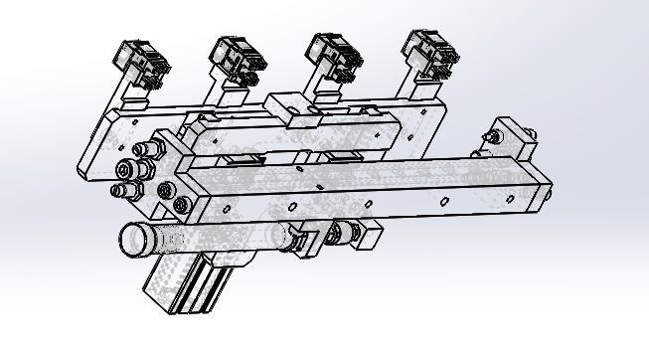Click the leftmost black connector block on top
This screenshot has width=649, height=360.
click(143, 61)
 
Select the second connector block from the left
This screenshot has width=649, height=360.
click(237, 58)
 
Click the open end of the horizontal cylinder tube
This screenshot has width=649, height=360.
click(132, 239)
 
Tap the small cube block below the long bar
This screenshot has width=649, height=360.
click(368, 237)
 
